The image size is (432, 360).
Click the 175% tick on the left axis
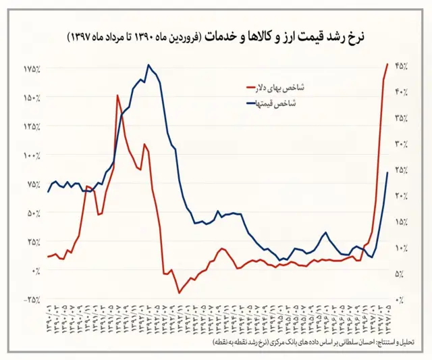tap(30, 70)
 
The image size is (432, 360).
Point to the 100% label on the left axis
tap(30, 155)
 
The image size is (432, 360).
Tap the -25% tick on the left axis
tap(30, 299)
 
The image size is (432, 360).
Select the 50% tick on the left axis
tap(32, 213)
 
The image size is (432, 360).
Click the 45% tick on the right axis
tap(401, 66)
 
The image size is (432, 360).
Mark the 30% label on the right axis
tap(401, 144)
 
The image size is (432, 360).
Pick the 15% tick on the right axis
tap(401, 222)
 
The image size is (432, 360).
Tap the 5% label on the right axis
tap(401, 274)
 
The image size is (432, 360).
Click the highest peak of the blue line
tap(148, 65)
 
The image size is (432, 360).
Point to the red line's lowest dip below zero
tap(179, 292)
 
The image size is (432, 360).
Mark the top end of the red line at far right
tap(387, 64)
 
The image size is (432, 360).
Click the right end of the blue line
tap(387, 173)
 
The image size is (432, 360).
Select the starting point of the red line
tap(48, 257)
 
